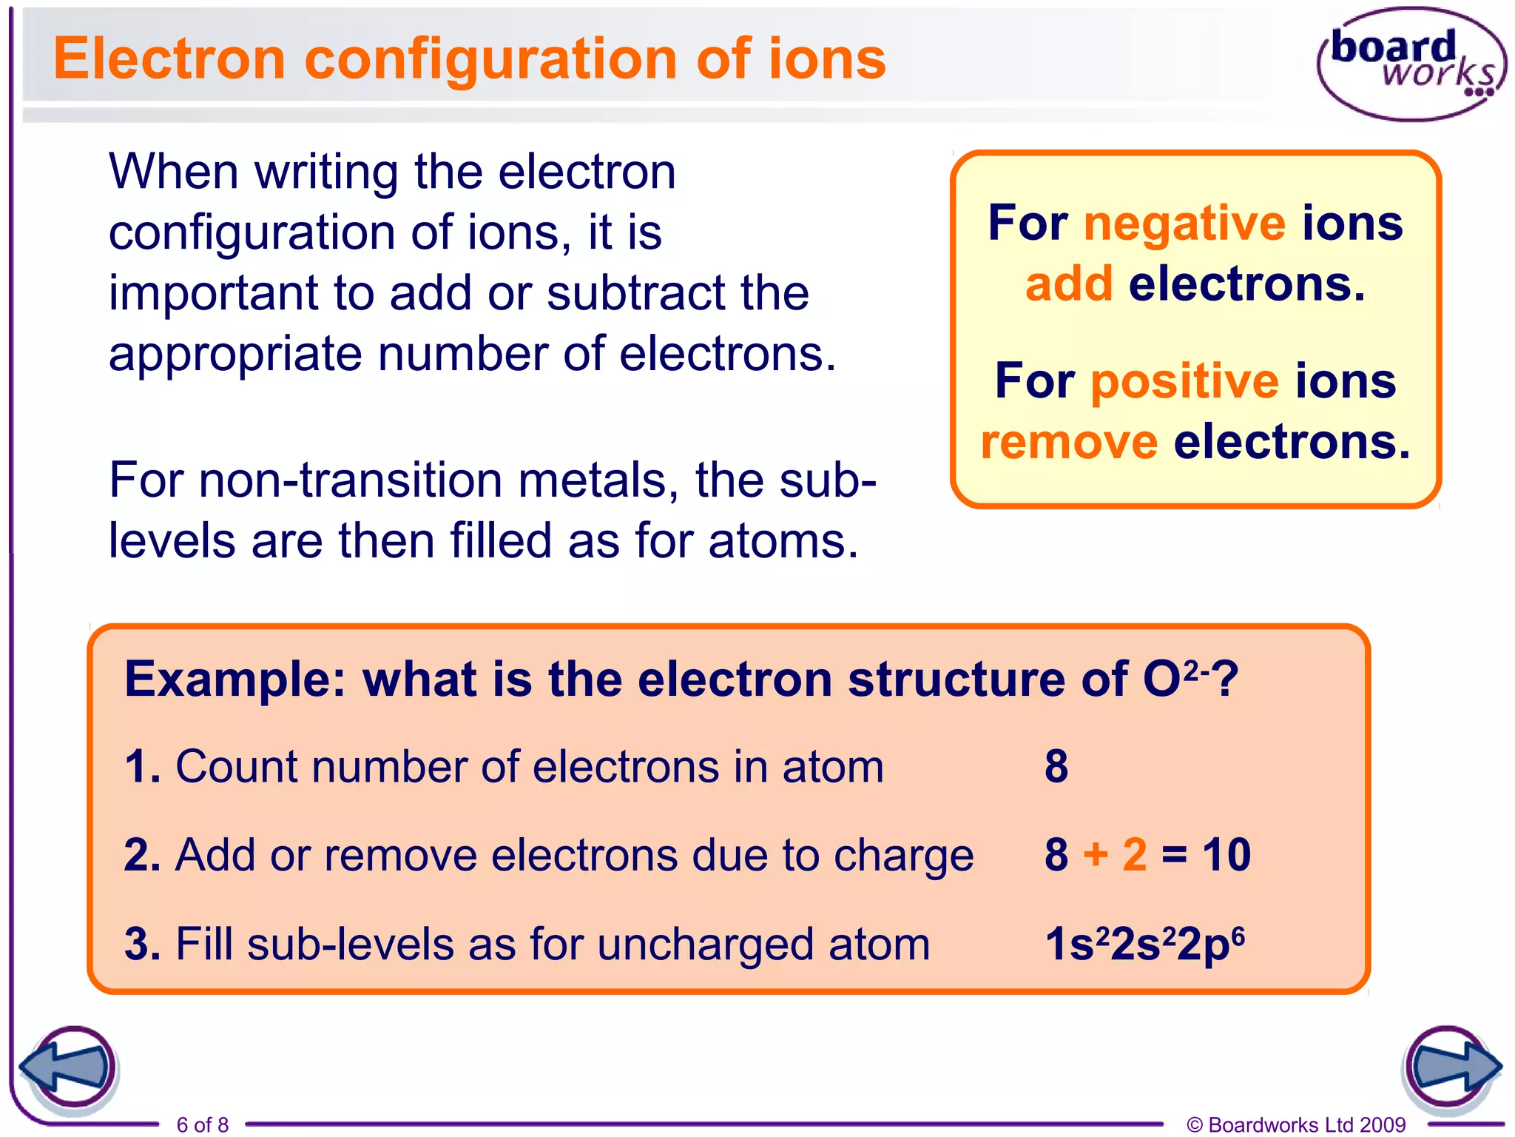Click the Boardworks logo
point(1411,64)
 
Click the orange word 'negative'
point(1185,224)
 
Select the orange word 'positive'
point(1185,382)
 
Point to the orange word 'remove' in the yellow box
point(1069,442)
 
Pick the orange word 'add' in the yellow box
point(1069,284)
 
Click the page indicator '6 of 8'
point(203,1124)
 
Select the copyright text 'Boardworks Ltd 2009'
point(1306,1124)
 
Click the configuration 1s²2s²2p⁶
point(1145,945)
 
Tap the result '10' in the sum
point(1226,855)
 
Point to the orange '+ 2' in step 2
point(1115,855)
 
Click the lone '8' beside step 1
point(1056,766)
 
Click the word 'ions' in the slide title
point(827,59)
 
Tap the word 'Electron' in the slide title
point(169,59)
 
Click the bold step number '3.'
point(143,945)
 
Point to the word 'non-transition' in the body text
point(350,481)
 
